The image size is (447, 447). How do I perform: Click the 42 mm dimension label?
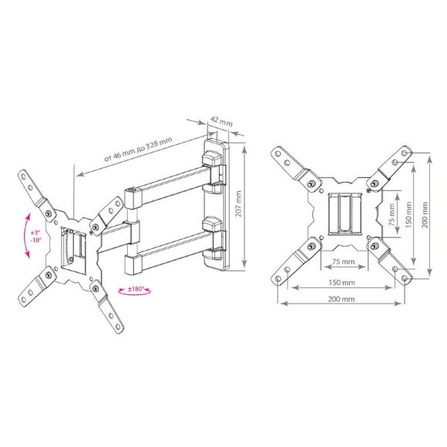click(221, 121)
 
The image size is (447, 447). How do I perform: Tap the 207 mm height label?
click(238, 203)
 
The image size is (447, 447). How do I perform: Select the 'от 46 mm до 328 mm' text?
click(138, 150)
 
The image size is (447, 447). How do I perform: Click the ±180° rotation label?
click(135, 289)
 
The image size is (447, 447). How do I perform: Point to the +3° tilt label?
click(35, 233)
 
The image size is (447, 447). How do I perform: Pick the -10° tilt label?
click(36, 240)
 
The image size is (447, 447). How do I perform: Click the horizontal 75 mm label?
click(344, 261)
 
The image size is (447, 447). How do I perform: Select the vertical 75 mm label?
click(392, 214)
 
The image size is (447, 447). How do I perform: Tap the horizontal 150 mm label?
click(342, 283)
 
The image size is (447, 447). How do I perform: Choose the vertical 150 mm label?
click(408, 214)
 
